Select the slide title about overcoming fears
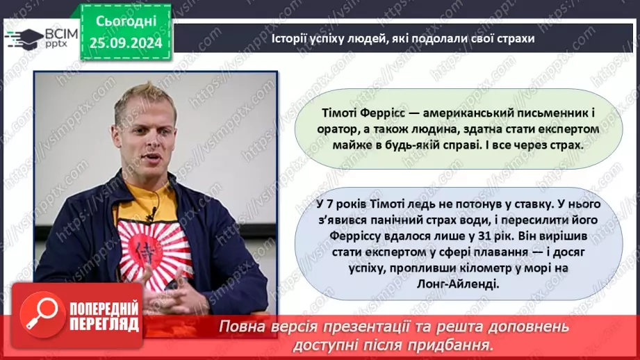[402, 39]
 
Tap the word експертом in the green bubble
[543, 130]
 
